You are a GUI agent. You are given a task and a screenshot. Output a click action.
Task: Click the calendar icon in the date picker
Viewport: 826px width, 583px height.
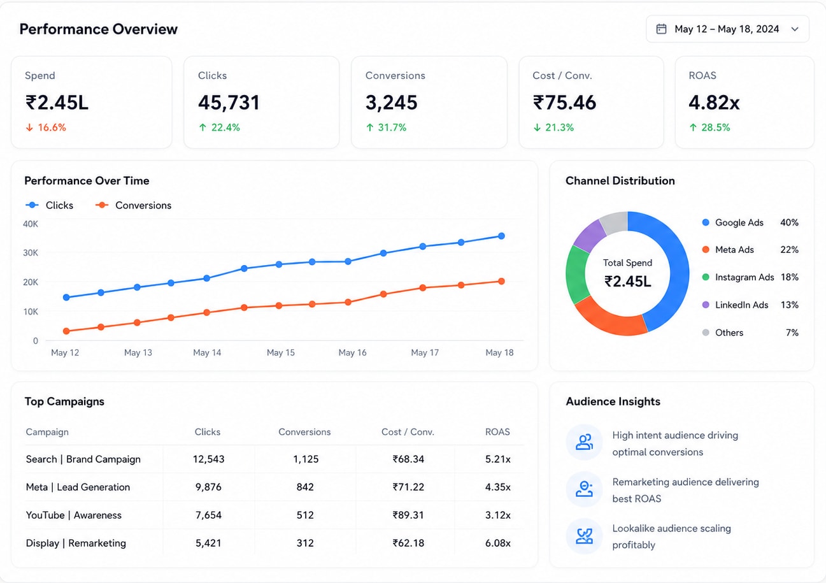[x=661, y=29]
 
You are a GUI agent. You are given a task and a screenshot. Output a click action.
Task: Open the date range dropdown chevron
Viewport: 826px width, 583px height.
[x=795, y=29]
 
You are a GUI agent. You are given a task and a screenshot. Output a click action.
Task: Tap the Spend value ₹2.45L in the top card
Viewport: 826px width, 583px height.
[x=57, y=103]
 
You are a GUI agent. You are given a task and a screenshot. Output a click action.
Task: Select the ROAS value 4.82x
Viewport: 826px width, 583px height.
[x=714, y=103]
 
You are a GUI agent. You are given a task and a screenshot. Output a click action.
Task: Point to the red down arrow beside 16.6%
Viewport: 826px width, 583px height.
[x=29, y=127]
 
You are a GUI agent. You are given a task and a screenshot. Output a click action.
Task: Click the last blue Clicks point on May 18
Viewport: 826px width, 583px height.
[x=501, y=236]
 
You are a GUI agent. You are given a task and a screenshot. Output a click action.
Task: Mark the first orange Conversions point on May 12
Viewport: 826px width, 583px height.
[x=66, y=331]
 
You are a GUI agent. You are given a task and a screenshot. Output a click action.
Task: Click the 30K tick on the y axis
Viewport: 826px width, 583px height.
[x=31, y=253]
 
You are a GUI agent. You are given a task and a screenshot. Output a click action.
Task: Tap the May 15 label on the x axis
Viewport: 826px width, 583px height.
[x=281, y=352]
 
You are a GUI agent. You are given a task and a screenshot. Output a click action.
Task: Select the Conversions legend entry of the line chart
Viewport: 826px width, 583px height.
[x=134, y=205]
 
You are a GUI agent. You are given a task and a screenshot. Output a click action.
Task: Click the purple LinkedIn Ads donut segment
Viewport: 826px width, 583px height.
[x=589, y=235]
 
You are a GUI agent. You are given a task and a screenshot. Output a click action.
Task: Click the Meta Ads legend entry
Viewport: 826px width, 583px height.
[x=728, y=250]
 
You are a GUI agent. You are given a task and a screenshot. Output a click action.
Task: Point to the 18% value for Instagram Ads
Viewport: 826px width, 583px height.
[x=789, y=277]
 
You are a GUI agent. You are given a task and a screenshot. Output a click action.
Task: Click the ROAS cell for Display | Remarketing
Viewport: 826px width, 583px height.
[x=498, y=543]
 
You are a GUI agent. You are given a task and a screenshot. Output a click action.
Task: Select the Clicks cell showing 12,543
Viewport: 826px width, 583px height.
[x=208, y=459]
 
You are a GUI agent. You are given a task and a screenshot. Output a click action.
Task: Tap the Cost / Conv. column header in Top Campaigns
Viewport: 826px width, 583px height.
[x=408, y=432]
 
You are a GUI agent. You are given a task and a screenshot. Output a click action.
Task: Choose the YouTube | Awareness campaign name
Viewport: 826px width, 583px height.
[x=74, y=515]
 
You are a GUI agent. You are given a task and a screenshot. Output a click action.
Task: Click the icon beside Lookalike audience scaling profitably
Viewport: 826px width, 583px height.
[x=584, y=536]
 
